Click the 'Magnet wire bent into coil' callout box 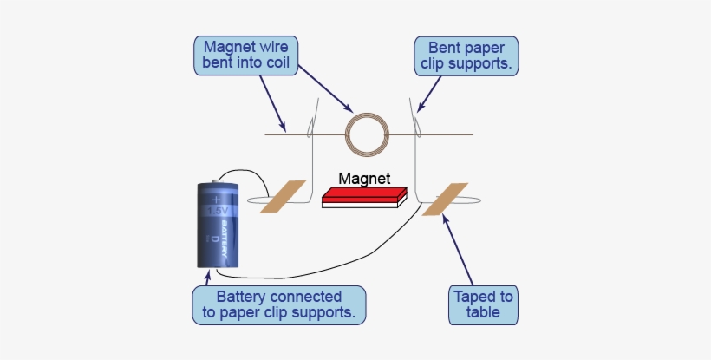click(246, 54)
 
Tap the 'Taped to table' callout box click(483, 304)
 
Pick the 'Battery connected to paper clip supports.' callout click(279, 304)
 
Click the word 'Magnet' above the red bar click(364, 178)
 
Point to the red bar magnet click(363, 197)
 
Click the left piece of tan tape click(283, 196)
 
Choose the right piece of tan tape click(445, 200)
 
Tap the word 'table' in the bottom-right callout click(483, 312)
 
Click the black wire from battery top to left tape click(251, 176)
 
